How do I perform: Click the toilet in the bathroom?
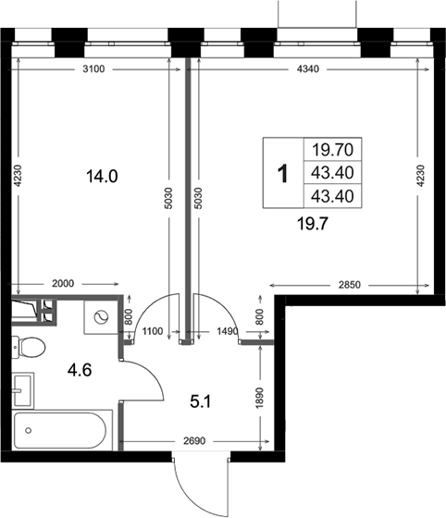pos(29,347)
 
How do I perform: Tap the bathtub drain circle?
pos(29,430)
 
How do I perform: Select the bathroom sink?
pos(23,390)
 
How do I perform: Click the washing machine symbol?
pos(101,317)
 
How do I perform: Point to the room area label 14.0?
pos(102,177)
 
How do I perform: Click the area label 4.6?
pos(80,370)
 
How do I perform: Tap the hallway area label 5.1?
pos(201,402)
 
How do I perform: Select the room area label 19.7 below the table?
pos(312,224)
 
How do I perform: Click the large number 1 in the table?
pos(283,174)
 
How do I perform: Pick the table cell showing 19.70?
pos(333,150)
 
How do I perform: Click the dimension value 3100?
pos(93,69)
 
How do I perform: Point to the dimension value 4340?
pos(308,69)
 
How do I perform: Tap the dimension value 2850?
pos(350,285)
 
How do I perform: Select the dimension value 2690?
pos(194,441)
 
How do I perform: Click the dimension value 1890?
pos(260,398)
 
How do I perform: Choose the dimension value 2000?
pos(63,283)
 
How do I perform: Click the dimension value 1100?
pos(153,331)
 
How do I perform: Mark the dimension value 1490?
pos(228,331)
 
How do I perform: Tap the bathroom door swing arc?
pos(154,371)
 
